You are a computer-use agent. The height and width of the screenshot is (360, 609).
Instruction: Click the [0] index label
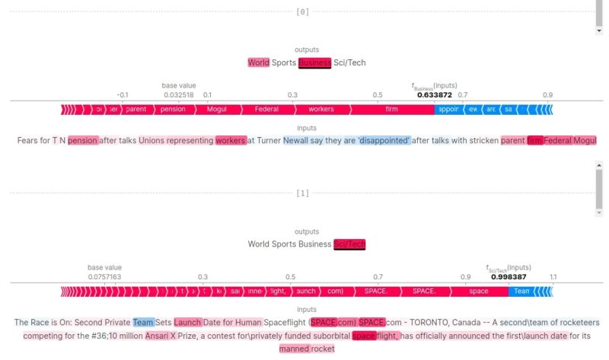coord(303,12)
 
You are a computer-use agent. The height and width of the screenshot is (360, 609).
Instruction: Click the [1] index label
coord(303,193)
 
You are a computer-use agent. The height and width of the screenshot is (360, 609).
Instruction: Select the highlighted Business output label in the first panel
coord(314,62)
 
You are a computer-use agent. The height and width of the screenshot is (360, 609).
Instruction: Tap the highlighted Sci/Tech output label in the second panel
coord(349,244)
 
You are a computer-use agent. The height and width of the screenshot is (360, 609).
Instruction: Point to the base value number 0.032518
coord(179,95)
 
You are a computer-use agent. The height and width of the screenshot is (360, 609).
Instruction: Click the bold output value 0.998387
coord(509,277)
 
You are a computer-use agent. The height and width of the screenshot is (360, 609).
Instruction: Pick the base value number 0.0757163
coord(104,277)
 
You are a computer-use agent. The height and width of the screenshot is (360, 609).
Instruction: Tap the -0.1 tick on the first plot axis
coord(122,95)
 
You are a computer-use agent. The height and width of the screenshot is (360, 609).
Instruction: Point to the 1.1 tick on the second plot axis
coord(553,277)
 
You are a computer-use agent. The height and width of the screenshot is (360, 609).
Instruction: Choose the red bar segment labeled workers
coord(320,110)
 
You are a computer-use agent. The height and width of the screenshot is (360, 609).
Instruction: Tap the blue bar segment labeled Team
coord(521,292)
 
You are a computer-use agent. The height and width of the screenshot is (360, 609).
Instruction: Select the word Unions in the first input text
coord(154,140)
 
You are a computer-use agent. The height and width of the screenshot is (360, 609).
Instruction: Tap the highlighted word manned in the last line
coord(294,349)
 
